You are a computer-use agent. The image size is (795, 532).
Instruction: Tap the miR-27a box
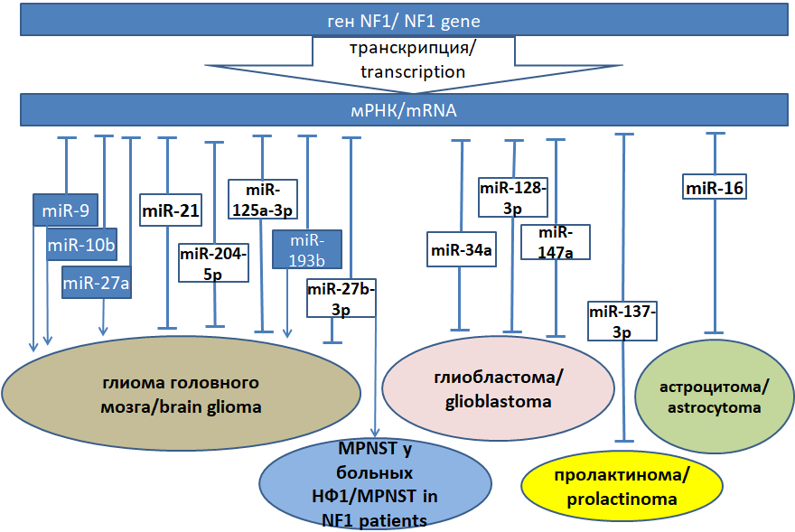(97, 284)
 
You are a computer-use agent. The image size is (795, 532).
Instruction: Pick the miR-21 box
(171, 210)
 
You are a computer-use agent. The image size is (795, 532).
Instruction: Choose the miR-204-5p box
(213, 263)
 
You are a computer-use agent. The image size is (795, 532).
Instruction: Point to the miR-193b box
(307, 249)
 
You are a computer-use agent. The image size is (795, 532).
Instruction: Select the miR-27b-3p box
(341, 298)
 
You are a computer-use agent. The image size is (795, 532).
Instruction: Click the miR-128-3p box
(513, 199)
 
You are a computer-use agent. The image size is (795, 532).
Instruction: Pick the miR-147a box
(556, 242)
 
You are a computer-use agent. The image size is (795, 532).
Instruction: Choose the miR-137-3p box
(622, 321)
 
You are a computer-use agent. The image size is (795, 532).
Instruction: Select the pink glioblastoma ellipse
(498, 388)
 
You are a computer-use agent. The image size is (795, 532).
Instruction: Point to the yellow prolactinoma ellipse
(623, 487)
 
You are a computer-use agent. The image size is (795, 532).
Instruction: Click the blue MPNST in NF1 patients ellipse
(375, 484)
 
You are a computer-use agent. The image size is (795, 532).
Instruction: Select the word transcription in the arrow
(413, 71)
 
